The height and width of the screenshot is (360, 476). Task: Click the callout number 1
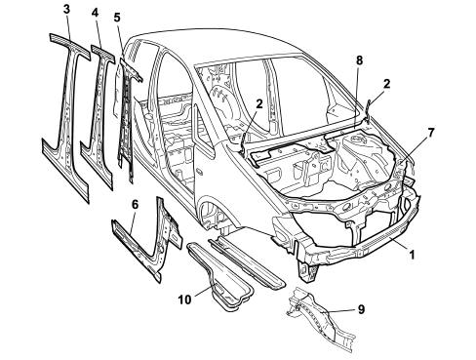[412, 255]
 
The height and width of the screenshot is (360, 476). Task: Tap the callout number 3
[66, 9]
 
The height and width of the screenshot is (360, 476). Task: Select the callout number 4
[95, 13]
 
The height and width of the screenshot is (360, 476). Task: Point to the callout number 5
[117, 17]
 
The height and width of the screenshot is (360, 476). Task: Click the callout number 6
[135, 205]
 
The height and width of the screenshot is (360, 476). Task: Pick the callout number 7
[431, 133]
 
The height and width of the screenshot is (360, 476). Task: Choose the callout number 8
[359, 60]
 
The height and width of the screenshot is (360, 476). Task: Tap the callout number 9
[361, 309]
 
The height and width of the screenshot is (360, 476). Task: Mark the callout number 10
[184, 300]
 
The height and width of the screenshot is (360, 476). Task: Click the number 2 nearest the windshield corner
[386, 84]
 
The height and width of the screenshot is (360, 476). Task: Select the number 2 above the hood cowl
[259, 104]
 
